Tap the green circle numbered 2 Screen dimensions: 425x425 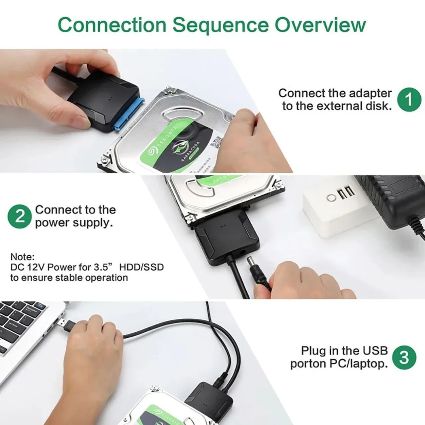pos(20,216)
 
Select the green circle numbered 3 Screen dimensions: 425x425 pos(404,358)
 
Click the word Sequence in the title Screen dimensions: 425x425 pos(220,25)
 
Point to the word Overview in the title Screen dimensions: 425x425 pos(320,25)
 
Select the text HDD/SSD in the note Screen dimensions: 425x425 pos(141,267)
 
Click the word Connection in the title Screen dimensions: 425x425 pos(112,25)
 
